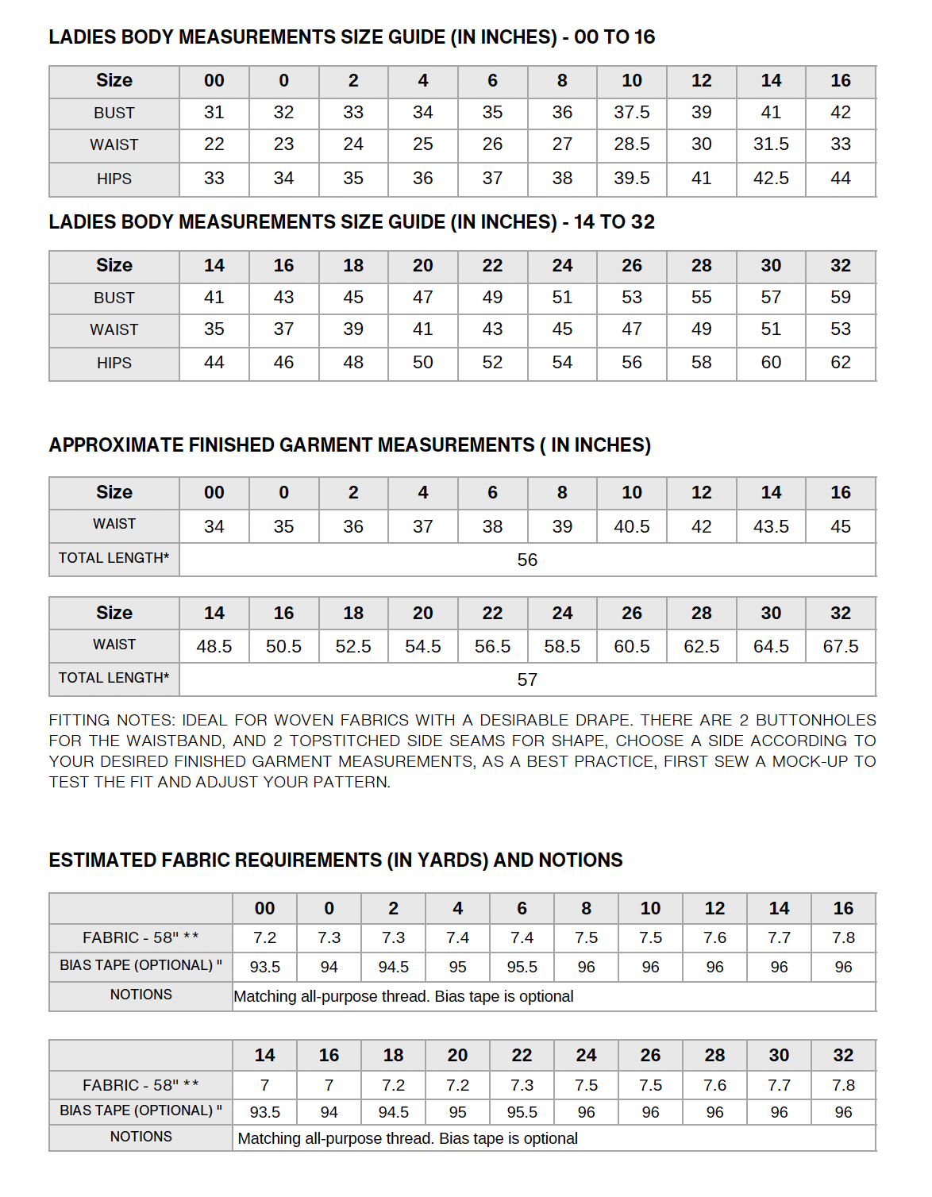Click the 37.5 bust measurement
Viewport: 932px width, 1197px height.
coord(631,113)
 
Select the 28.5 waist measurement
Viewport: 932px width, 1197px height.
coord(631,144)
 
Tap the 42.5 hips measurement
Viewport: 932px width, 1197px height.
coord(771,179)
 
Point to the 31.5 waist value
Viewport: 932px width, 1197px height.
coord(771,144)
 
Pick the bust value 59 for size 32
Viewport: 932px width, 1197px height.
coord(840,298)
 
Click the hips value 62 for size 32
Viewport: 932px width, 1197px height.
coord(840,363)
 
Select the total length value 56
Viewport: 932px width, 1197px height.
coord(527,560)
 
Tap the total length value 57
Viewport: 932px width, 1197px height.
coord(527,680)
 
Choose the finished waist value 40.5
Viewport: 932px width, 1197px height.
coord(631,527)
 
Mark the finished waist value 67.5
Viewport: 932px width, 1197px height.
coord(840,647)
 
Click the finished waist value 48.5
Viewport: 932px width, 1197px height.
coord(214,647)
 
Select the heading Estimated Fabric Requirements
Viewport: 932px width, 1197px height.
coord(336,860)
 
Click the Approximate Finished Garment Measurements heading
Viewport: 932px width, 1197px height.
coord(349,445)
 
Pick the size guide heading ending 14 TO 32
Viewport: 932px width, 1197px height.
coord(352,222)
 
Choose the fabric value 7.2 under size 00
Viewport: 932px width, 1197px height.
coord(264,938)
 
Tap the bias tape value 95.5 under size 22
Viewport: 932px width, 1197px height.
coord(522,1113)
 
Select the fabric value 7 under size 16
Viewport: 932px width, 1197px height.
coord(329,1085)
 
